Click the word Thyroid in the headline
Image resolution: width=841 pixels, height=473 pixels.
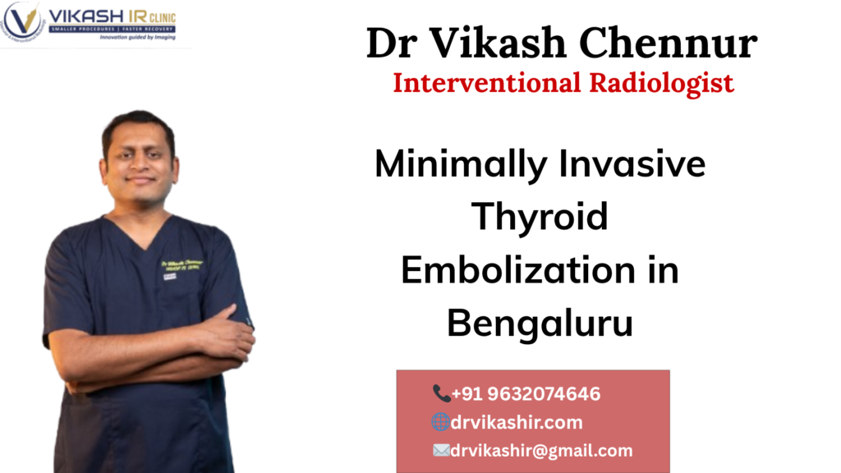tap(540, 218)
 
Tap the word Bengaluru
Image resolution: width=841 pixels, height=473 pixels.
tap(540, 323)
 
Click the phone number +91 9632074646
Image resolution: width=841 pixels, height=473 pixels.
tap(526, 394)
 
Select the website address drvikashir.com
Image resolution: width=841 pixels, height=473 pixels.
tap(517, 422)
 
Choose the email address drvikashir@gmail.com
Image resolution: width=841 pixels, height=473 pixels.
tap(542, 450)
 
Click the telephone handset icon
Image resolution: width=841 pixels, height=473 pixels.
tap(441, 394)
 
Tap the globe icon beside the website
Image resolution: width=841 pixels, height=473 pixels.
tap(440, 422)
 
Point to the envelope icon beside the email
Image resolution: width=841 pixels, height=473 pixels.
tap(441, 450)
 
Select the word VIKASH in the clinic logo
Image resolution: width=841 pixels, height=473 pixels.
tap(85, 16)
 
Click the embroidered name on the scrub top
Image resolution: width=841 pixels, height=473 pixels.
tap(182, 265)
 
